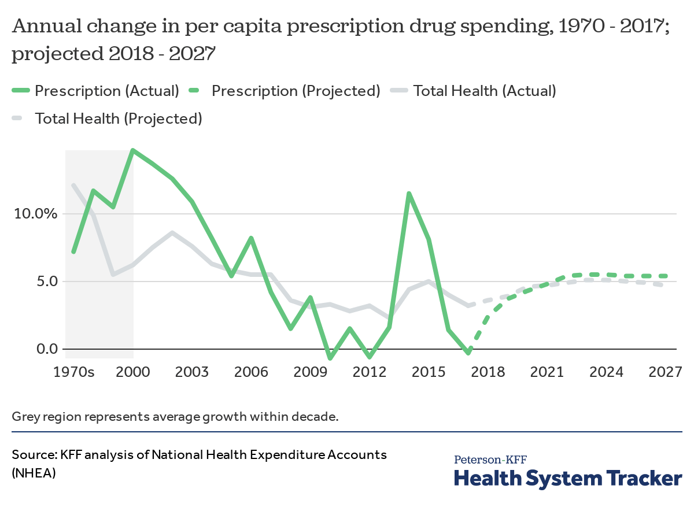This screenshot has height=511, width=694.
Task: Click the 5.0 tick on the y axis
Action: pos(44,282)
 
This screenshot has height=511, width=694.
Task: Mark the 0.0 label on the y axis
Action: pos(44,349)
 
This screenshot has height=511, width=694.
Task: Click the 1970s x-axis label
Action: pos(73,372)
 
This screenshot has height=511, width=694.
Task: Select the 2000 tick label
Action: pos(133,372)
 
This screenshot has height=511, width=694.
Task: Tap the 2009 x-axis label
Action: pos(311,372)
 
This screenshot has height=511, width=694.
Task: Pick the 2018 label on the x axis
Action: pos(488,372)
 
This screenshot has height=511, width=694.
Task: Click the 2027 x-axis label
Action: pos(665,372)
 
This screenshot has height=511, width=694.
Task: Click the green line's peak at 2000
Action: pos(133,150)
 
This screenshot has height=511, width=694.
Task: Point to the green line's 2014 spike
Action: pos(409,193)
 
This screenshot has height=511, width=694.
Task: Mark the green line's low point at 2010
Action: pos(330,358)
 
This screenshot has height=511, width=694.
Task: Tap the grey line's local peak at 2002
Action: pos(172,232)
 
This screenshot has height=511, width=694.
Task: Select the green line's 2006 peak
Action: pos(251,238)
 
